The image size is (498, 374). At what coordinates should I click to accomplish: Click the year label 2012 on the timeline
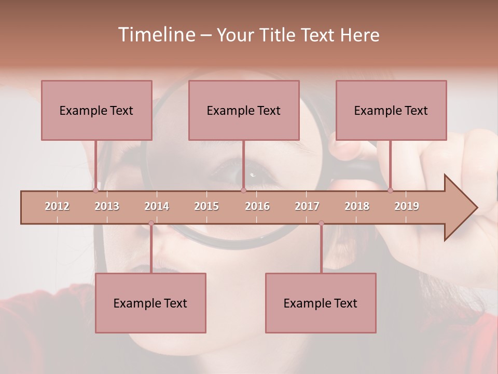coord(57,206)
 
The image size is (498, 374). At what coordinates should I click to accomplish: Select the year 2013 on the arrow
coord(107,206)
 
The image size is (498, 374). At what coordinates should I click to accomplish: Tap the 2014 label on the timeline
coord(157,206)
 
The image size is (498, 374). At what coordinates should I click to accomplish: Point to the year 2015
coord(206,206)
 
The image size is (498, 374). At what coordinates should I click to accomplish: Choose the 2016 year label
coord(257,206)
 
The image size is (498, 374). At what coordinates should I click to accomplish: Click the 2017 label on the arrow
coord(307,206)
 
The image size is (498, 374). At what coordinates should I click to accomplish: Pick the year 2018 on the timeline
coord(357,206)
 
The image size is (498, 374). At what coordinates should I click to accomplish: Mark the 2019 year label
coord(407,206)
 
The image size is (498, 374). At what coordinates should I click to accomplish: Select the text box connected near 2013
coord(96,110)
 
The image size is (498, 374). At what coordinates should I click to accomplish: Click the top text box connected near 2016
coord(244,110)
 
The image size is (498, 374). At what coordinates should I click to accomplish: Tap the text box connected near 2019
coord(391,110)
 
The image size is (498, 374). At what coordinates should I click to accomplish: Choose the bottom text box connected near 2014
coord(150,303)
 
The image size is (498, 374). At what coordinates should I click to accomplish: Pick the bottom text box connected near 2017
coord(321,303)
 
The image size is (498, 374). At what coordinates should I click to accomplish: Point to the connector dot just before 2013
coord(95,191)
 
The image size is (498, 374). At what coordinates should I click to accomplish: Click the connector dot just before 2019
coord(391,191)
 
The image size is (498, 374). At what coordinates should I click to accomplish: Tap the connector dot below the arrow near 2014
coord(151,223)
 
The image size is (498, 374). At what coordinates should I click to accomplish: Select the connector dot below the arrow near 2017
coord(321,223)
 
